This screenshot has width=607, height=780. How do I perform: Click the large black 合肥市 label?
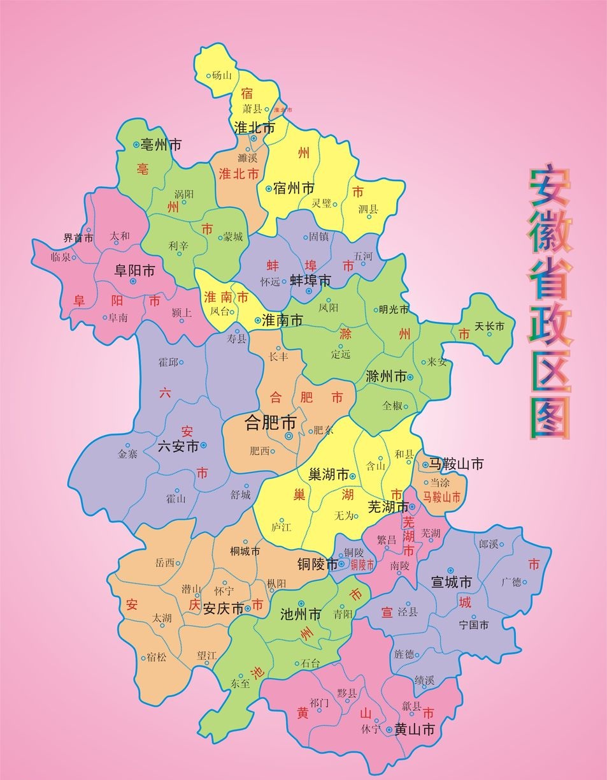271,422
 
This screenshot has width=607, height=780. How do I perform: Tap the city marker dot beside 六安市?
204,445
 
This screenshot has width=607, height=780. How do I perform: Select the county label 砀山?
222,75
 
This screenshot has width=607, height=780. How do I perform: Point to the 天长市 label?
490,326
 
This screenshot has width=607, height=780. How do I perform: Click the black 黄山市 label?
414,730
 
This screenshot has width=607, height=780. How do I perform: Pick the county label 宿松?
156,656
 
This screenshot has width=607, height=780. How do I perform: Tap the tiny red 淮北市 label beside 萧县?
282,110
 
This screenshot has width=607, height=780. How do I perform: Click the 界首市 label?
78,238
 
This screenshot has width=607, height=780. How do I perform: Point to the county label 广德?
511,581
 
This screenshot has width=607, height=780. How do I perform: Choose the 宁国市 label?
473,626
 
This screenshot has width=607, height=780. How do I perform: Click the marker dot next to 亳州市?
136,145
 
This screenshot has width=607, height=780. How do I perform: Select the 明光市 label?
394,310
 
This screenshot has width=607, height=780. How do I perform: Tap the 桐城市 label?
245,550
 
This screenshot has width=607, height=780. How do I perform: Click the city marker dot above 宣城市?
450,570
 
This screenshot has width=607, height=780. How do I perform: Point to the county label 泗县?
368,208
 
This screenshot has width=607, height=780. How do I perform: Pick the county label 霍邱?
168,362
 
